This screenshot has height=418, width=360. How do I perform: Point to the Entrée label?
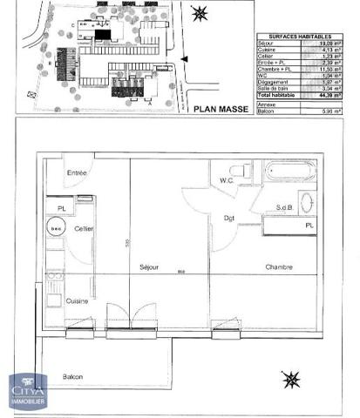tap(78, 174)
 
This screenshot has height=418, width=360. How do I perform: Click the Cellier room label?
tap(85, 228)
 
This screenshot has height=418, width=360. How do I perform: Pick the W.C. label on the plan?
tap(226, 181)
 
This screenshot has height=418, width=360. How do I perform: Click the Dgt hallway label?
tap(229, 217)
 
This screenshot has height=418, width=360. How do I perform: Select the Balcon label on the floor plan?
tap(73, 376)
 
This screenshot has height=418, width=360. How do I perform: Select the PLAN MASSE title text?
tap(221, 109)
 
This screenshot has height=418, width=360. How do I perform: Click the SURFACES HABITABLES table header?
tap(294, 38)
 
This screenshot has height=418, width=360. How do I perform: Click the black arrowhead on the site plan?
tap(181, 59)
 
